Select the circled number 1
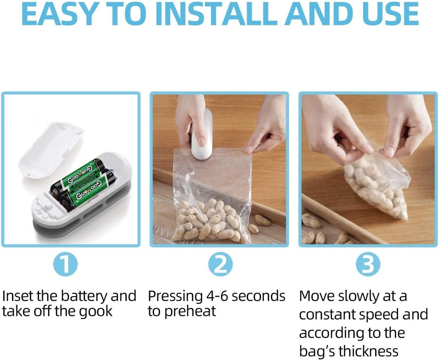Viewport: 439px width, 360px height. coord(65,265)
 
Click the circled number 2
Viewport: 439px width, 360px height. coord(220,265)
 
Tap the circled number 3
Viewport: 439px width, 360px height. coord(368,265)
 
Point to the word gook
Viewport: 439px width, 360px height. coord(95,311)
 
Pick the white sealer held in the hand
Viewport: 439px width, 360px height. coord(202,135)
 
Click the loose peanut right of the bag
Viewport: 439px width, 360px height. coord(262,220)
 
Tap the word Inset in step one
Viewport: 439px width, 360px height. coord(17,296)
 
